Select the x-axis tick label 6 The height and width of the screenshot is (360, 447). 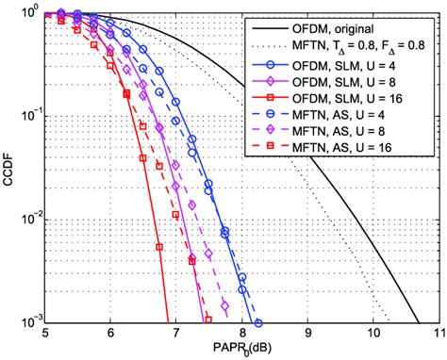pyautogui.click(x=111, y=334)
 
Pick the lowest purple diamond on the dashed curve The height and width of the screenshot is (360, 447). pyautogui.click(x=224, y=306)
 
